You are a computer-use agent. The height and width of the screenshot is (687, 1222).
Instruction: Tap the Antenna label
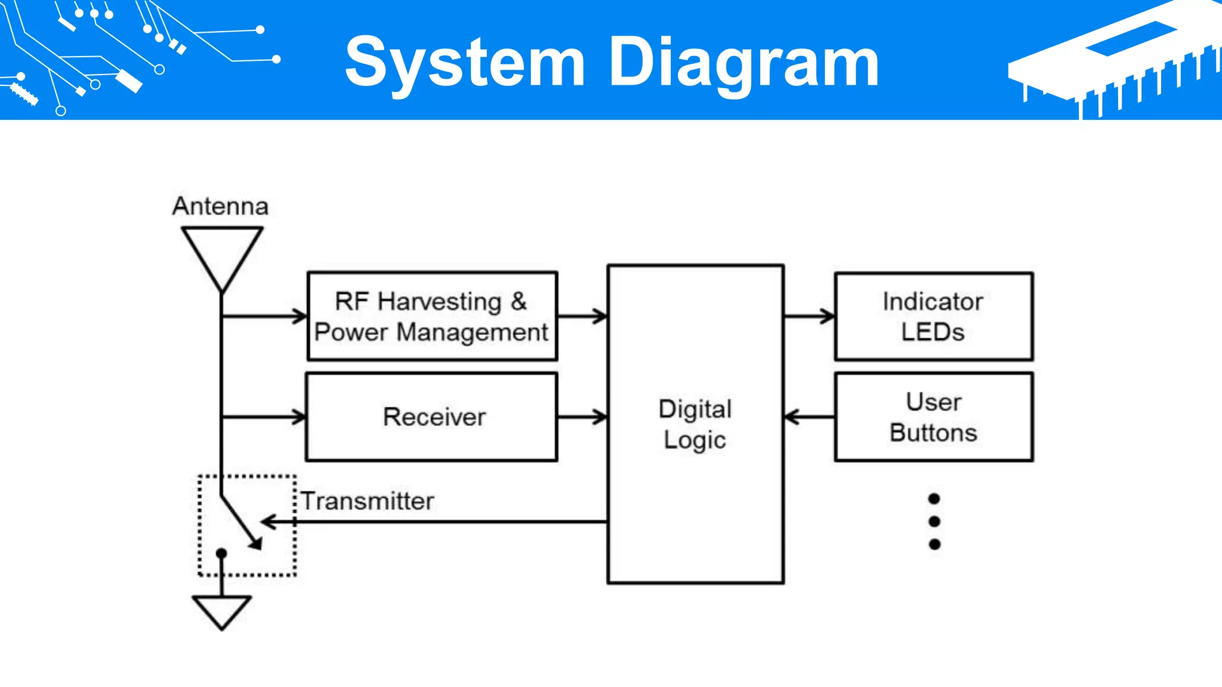click(x=220, y=206)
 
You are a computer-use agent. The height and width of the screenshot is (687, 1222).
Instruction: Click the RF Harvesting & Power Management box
click(x=432, y=316)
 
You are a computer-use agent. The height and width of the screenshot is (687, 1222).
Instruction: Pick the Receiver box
click(x=432, y=417)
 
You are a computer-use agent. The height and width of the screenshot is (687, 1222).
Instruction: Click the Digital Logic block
click(x=695, y=423)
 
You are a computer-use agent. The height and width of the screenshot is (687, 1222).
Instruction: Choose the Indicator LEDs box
click(x=933, y=316)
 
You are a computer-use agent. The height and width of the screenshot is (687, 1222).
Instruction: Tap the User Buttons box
click(x=933, y=417)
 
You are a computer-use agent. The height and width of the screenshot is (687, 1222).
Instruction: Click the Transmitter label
click(x=368, y=501)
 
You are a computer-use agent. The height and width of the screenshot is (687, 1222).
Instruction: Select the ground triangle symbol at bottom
click(x=221, y=611)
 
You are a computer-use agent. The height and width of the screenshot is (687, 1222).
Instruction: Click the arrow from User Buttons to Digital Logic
click(x=809, y=417)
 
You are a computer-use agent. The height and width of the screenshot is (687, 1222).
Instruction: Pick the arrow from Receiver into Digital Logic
click(x=582, y=417)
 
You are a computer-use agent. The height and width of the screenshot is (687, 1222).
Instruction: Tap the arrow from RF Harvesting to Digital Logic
click(x=582, y=316)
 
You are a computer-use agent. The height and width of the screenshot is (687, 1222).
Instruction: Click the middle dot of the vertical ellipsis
click(x=934, y=521)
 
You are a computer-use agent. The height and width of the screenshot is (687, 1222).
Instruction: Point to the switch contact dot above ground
click(x=221, y=553)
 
